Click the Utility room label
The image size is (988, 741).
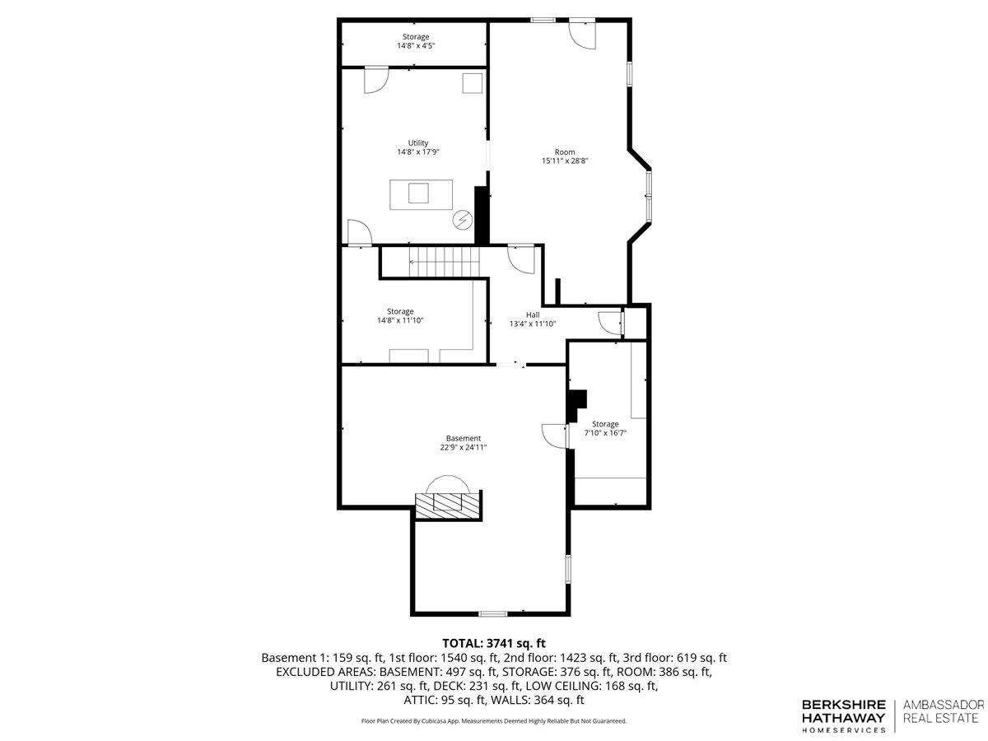coord(417,143)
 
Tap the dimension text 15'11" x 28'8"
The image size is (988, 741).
coord(565,161)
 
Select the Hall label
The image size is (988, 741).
coord(533,315)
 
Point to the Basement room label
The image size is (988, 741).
coord(464,438)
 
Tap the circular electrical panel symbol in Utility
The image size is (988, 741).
coord(462,220)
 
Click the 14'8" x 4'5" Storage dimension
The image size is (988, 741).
coord(416,46)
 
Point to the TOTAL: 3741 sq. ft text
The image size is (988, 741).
coord(494,643)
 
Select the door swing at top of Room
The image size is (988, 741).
coord(582,35)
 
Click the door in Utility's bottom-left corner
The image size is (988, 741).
coord(360,233)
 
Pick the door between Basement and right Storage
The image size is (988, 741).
coord(555,436)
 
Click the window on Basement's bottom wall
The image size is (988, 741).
coord(492,613)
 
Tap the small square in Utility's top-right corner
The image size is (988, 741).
coord(472,83)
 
